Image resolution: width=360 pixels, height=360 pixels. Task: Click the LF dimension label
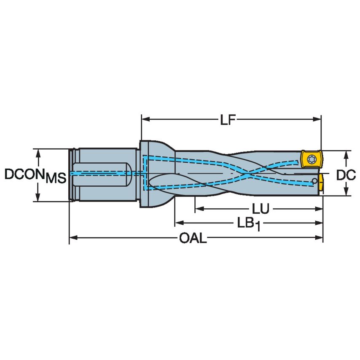point(230,120)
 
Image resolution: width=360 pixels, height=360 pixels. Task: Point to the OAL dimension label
point(193,239)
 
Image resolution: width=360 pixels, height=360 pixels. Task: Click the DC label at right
point(346,174)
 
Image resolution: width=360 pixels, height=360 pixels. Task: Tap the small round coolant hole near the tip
point(314,181)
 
